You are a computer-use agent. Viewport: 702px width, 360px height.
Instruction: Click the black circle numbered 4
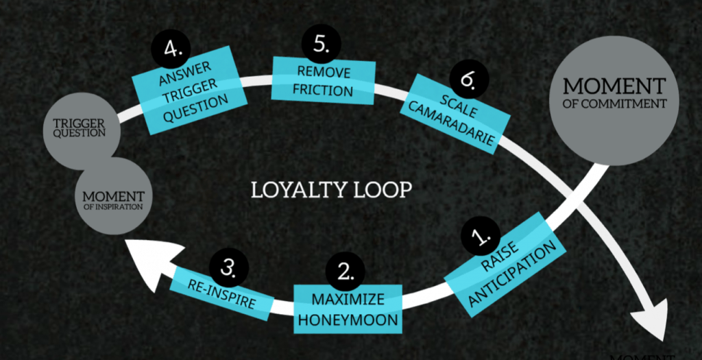(172, 49)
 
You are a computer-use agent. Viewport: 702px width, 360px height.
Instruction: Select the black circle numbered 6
(468, 79)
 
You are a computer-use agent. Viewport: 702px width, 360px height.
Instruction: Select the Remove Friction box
(324, 80)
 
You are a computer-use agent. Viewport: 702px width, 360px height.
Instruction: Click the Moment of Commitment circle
(614, 99)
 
